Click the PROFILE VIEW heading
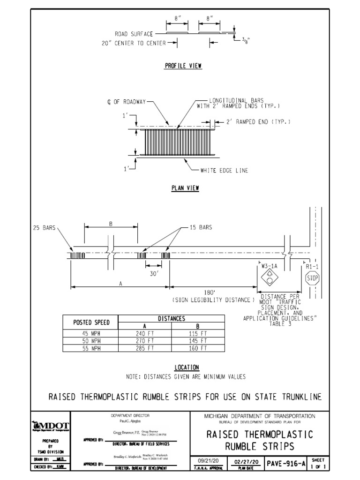click(183, 66)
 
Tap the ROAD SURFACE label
click(134, 34)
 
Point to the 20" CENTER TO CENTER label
click(133, 43)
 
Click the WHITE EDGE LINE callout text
click(224, 171)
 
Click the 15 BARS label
click(200, 227)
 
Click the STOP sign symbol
click(312, 279)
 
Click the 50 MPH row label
click(91, 341)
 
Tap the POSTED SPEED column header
click(91, 322)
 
